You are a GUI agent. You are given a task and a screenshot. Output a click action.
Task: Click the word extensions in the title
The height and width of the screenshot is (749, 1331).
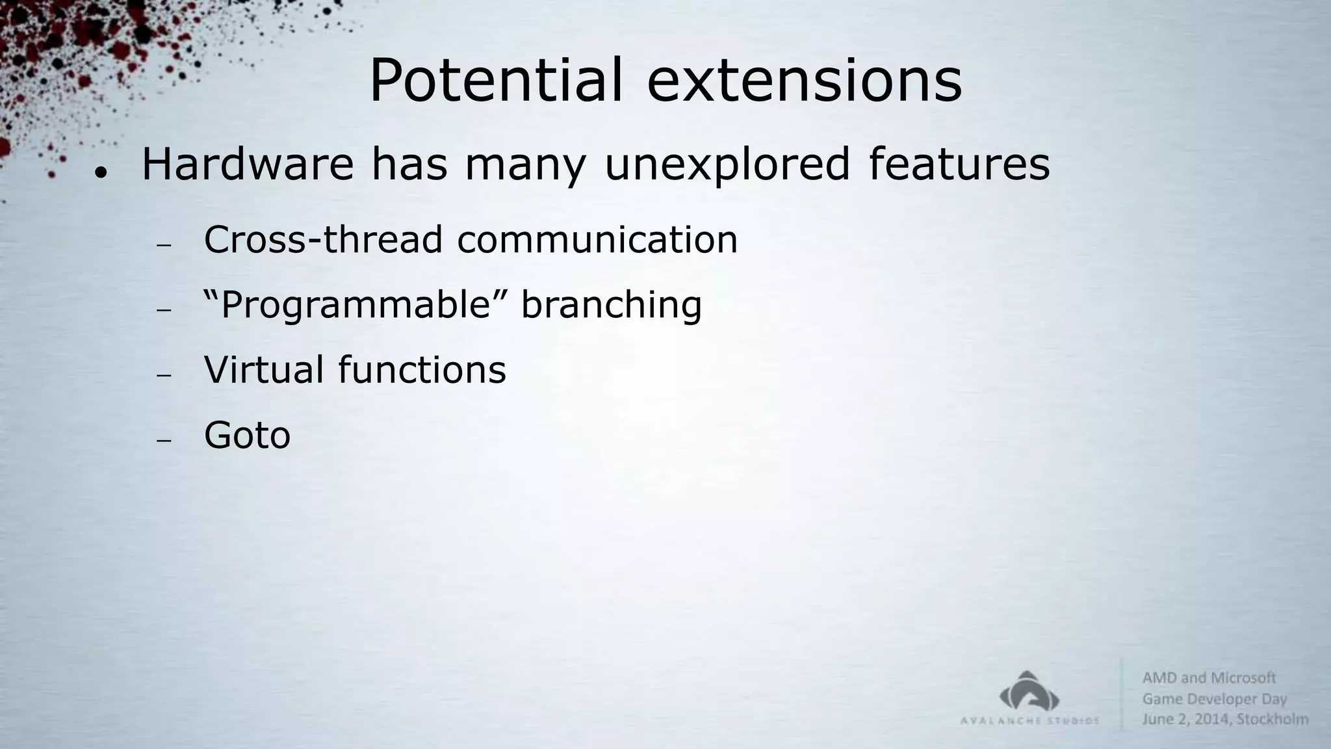pos(804,81)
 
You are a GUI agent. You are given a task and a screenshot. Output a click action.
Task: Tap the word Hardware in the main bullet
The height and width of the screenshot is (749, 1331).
pos(248,164)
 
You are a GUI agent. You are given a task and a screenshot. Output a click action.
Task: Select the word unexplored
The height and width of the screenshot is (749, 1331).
pos(727,165)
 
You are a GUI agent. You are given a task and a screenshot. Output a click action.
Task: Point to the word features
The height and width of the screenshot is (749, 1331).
pos(959,164)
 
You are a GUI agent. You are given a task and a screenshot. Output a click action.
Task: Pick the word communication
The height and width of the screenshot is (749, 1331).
pos(597,239)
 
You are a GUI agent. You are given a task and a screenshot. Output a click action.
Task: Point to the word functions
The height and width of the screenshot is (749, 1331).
pos(422,369)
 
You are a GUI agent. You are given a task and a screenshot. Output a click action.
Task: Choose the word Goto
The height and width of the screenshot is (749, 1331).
pos(247,435)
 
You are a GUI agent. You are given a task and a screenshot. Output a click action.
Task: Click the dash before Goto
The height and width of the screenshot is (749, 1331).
pos(163,440)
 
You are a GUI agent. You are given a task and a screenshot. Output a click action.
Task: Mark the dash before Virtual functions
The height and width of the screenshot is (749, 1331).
pos(163,375)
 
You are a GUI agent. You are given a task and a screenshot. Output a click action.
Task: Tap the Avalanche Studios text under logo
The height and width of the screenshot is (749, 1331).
pos(1029,720)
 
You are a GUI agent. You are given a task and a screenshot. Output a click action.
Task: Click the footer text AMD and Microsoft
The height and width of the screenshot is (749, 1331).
pos(1209,678)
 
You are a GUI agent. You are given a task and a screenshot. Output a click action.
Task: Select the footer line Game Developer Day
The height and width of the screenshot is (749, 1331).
pos(1214,699)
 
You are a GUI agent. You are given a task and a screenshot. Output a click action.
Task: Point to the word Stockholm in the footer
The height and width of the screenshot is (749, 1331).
pos(1272,719)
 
